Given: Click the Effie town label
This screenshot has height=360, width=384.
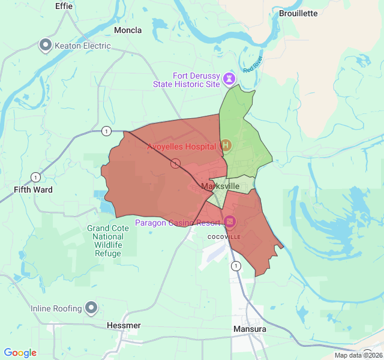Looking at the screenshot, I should pyautogui.click(x=64, y=6).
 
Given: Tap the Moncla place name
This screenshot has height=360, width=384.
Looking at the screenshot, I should pyautogui.click(x=128, y=30).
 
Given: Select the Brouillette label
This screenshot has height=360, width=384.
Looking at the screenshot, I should pyautogui.click(x=298, y=13).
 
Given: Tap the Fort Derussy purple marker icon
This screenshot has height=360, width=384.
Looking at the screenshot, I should pyautogui.click(x=229, y=79).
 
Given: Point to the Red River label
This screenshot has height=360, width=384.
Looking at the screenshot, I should pyautogui.click(x=253, y=65).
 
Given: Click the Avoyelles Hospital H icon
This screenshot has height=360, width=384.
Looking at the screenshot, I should pyautogui.click(x=226, y=146).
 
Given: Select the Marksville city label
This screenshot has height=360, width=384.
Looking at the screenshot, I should pyautogui.click(x=221, y=187).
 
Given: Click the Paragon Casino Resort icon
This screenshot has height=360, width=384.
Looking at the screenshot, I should pyautogui.click(x=230, y=223).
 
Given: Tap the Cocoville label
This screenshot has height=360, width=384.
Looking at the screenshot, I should pyautogui.click(x=224, y=237).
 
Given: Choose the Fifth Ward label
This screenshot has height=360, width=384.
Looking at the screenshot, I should pyautogui.click(x=33, y=190).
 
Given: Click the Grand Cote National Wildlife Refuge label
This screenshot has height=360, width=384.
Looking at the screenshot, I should pyautogui.click(x=107, y=241).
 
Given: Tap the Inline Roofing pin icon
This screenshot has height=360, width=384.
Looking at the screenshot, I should pyautogui.click(x=91, y=308).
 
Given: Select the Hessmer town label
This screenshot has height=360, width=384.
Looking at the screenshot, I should pyautogui.click(x=124, y=326).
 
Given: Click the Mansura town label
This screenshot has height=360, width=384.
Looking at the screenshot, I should pyautogui.click(x=250, y=329).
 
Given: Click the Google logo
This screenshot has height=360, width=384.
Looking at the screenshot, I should pyautogui.click(x=20, y=353).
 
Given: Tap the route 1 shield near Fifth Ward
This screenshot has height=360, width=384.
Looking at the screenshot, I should pyautogui.click(x=37, y=177).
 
